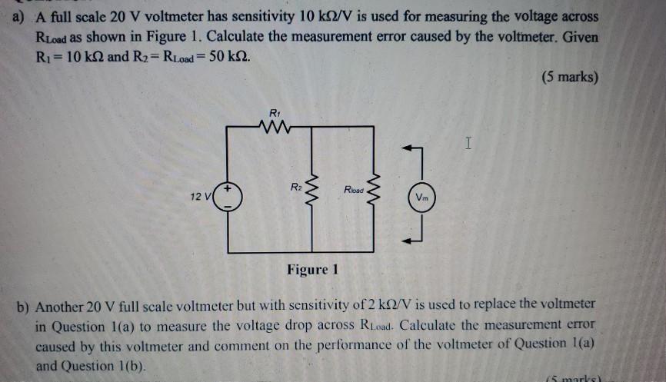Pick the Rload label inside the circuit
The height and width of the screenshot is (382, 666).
pos(355,187)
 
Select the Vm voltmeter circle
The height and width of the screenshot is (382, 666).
pos(421,198)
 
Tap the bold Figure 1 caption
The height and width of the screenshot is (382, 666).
pos(312,270)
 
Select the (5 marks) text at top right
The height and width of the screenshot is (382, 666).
pos(569,78)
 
